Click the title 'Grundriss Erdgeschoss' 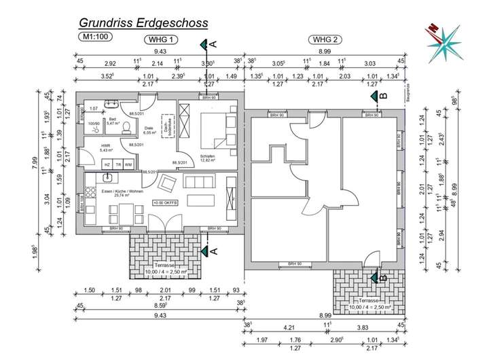click(143, 24)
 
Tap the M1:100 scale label click(94, 39)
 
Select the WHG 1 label click(162, 39)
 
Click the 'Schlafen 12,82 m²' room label click(209, 158)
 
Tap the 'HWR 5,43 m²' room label click(105, 149)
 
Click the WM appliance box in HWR click(128, 165)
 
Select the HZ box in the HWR click(107, 165)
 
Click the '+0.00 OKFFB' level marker click(166, 202)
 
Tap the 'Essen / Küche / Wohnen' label click(122, 192)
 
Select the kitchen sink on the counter click(107, 178)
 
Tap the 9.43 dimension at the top click(160, 52)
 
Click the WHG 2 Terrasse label click(365, 304)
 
